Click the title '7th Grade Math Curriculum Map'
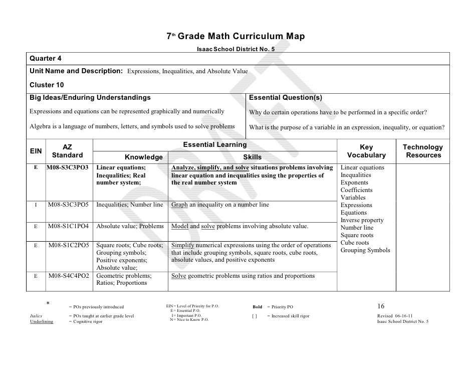pos(235,37)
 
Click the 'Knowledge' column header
pos(143,157)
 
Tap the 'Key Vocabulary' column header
pos(366,151)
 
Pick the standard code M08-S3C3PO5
pos(69,205)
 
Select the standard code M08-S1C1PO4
pos(69,227)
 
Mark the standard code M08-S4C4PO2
pos(69,276)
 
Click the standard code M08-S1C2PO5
pos(69,245)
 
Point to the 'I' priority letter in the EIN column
pos(36,205)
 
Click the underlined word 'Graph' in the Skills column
pos(179,205)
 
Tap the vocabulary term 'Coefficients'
pos(356,190)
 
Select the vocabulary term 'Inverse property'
pos(362,220)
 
